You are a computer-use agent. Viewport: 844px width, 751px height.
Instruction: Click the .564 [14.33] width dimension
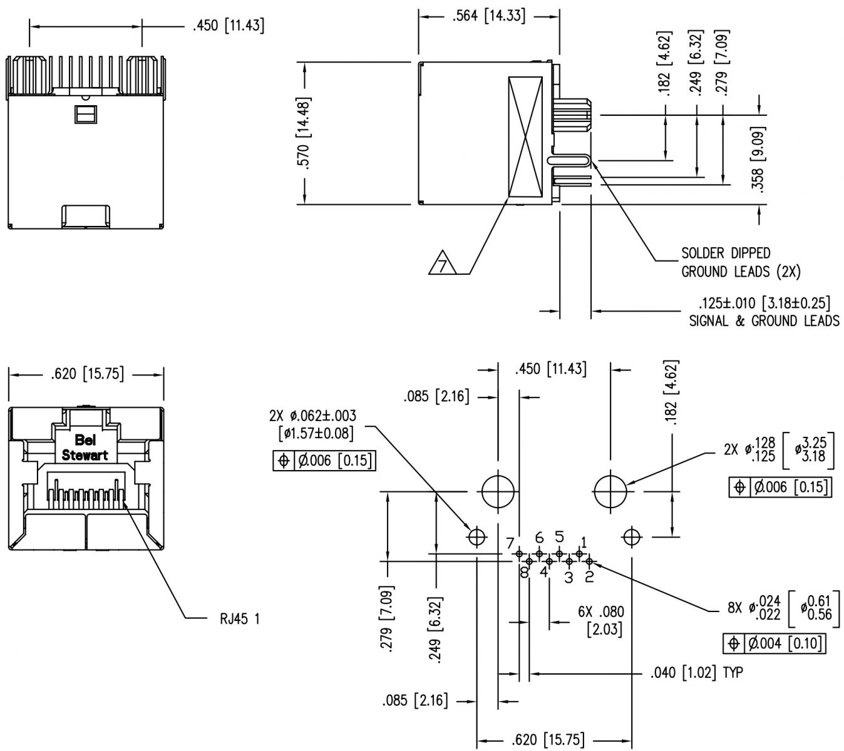tap(489, 16)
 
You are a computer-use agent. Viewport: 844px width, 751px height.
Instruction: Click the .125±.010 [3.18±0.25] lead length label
tap(764, 304)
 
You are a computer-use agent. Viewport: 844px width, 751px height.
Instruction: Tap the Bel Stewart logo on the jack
tap(85, 447)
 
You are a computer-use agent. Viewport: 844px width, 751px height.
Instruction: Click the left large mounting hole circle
tap(498, 492)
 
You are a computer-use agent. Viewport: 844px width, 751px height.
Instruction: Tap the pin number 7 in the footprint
tap(510, 542)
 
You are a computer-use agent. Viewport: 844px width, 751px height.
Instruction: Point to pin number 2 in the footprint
tap(589, 576)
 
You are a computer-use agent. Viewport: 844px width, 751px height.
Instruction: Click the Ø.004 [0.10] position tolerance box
tap(774, 643)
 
